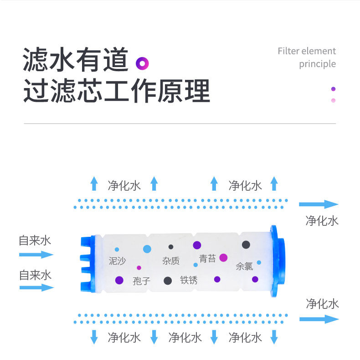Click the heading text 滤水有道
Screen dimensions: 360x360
click(x=75, y=61)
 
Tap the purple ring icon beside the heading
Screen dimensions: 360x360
click(x=143, y=63)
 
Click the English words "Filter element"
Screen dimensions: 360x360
click(x=306, y=51)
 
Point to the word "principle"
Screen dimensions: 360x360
click(x=317, y=64)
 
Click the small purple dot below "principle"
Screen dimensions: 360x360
click(x=334, y=89)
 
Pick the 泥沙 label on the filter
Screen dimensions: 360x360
click(x=117, y=261)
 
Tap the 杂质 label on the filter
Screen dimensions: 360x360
click(x=171, y=261)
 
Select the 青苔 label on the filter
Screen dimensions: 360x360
click(x=207, y=259)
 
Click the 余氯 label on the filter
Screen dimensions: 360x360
click(x=244, y=266)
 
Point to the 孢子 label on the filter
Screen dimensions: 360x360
click(x=141, y=281)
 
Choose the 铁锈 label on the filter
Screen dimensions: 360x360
click(x=189, y=280)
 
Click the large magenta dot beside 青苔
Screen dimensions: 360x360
click(x=223, y=257)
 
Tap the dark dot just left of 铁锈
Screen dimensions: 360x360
click(x=168, y=281)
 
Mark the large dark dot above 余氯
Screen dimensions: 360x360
click(x=246, y=245)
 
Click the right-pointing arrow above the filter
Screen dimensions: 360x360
click(x=319, y=204)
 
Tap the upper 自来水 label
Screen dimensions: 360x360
click(x=35, y=240)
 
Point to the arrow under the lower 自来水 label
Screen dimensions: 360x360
click(x=36, y=287)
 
